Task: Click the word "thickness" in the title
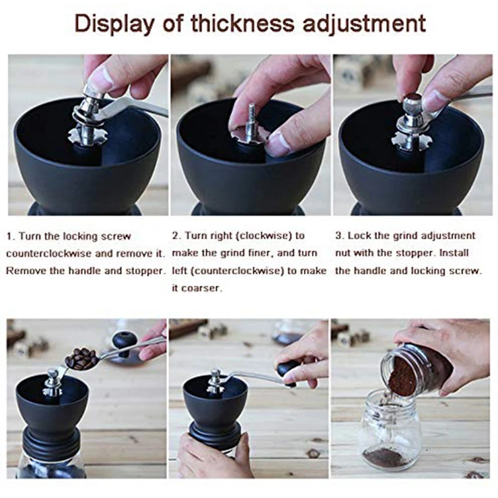pyautogui.click(x=242, y=23)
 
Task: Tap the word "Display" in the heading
pyautogui.click(x=113, y=24)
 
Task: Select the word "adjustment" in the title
pyautogui.click(x=364, y=24)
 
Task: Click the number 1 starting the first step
pyautogui.click(x=9, y=237)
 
